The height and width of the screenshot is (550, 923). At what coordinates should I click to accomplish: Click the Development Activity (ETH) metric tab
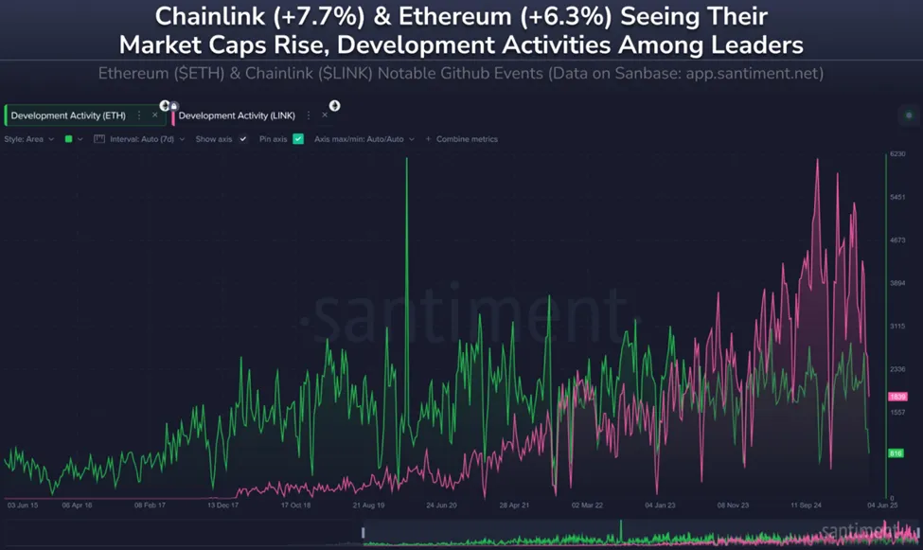[68, 115]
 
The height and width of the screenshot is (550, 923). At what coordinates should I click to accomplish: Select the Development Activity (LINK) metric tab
[237, 115]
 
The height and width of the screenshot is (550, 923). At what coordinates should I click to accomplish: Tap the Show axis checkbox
[243, 139]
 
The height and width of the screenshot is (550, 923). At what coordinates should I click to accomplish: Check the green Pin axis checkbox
[298, 139]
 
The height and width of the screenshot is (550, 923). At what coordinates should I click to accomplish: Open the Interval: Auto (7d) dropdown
[142, 139]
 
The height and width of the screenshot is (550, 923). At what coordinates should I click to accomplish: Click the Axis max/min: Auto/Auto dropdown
[364, 139]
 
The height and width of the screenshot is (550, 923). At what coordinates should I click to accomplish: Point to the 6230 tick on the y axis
[897, 154]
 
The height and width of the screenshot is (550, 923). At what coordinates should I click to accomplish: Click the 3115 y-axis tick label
[897, 327]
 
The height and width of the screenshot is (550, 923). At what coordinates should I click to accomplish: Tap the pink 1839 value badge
[897, 396]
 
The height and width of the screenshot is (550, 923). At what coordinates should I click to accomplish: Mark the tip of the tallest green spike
[407, 159]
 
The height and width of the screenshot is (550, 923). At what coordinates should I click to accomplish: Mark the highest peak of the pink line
[817, 160]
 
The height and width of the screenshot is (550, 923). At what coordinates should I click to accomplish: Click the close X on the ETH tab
[154, 115]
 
